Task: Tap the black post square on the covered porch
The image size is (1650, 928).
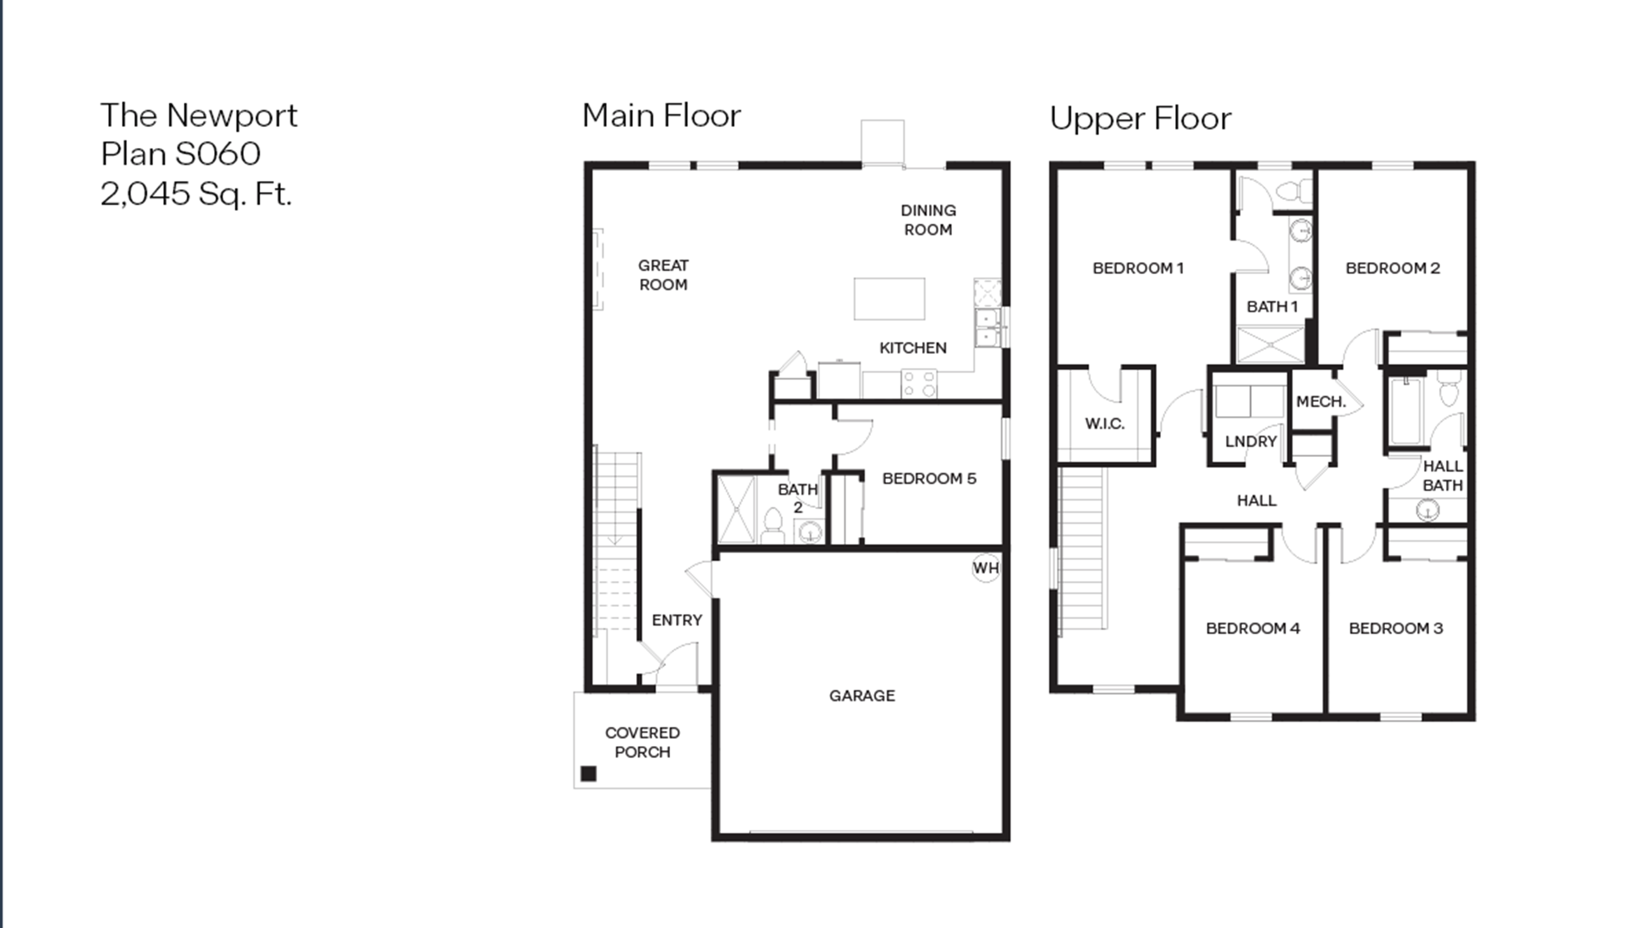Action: [588, 774]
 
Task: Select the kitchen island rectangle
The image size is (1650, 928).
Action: [889, 298]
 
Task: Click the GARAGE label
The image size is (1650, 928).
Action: [862, 695]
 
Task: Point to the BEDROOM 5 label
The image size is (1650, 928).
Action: [929, 479]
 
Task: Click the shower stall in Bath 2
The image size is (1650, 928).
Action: [736, 509]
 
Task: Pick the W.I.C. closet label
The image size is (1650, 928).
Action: [1104, 424]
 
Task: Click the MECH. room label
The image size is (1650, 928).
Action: [1321, 401]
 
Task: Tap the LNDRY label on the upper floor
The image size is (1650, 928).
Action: [1250, 441]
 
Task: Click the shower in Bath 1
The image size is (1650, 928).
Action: [1270, 344]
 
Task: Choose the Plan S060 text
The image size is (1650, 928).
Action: [181, 154]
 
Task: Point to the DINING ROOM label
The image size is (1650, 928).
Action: [928, 220]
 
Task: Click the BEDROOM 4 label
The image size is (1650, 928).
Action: [1253, 628]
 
